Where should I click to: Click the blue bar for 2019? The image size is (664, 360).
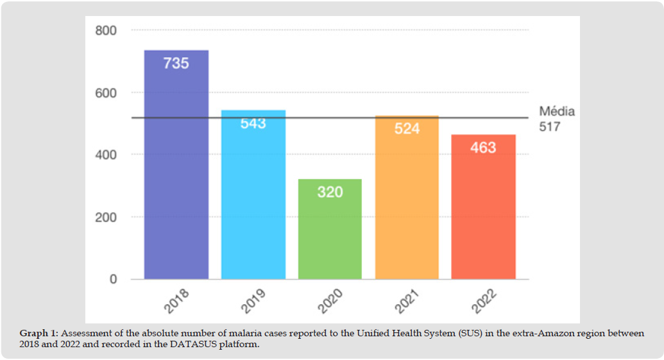(x=253, y=205)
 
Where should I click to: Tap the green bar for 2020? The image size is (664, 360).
(x=330, y=237)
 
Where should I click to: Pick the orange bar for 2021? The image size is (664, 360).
(x=407, y=205)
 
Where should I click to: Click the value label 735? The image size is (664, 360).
(x=176, y=64)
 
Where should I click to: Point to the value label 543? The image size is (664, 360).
(x=253, y=123)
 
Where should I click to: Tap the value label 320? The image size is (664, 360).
(x=330, y=191)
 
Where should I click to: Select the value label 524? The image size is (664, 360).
(x=407, y=128)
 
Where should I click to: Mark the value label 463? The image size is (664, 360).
(x=483, y=148)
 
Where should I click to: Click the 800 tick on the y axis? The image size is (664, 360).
(x=106, y=30)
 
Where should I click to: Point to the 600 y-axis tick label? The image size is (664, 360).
(x=106, y=92)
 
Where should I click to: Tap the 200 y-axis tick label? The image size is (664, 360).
(x=106, y=217)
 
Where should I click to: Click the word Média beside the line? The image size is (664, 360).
(x=557, y=112)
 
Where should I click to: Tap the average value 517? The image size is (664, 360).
(x=550, y=127)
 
